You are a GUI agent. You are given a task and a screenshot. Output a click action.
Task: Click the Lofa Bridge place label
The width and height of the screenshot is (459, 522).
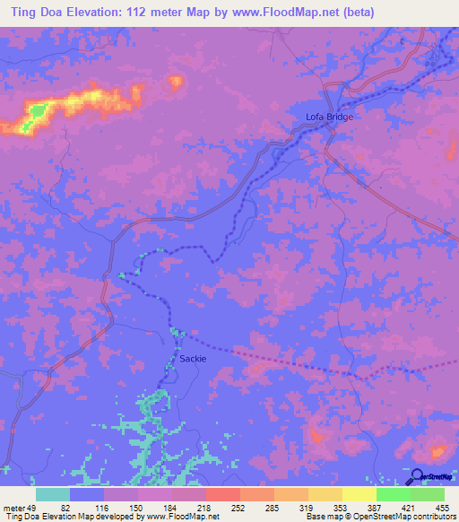click(x=329, y=117)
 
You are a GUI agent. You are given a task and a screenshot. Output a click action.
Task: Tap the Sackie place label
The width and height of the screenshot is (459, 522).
click(x=193, y=358)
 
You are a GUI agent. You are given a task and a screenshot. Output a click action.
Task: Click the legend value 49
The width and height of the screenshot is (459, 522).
click(x=33, y=508)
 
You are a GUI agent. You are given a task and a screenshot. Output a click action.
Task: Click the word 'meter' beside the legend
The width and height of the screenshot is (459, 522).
click(x=13, y=508)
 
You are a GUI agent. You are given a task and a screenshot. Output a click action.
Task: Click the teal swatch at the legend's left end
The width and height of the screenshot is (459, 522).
click(x=53, y=494)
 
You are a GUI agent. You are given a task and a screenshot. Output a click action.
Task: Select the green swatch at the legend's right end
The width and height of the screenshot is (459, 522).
click(x=428, y=494)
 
